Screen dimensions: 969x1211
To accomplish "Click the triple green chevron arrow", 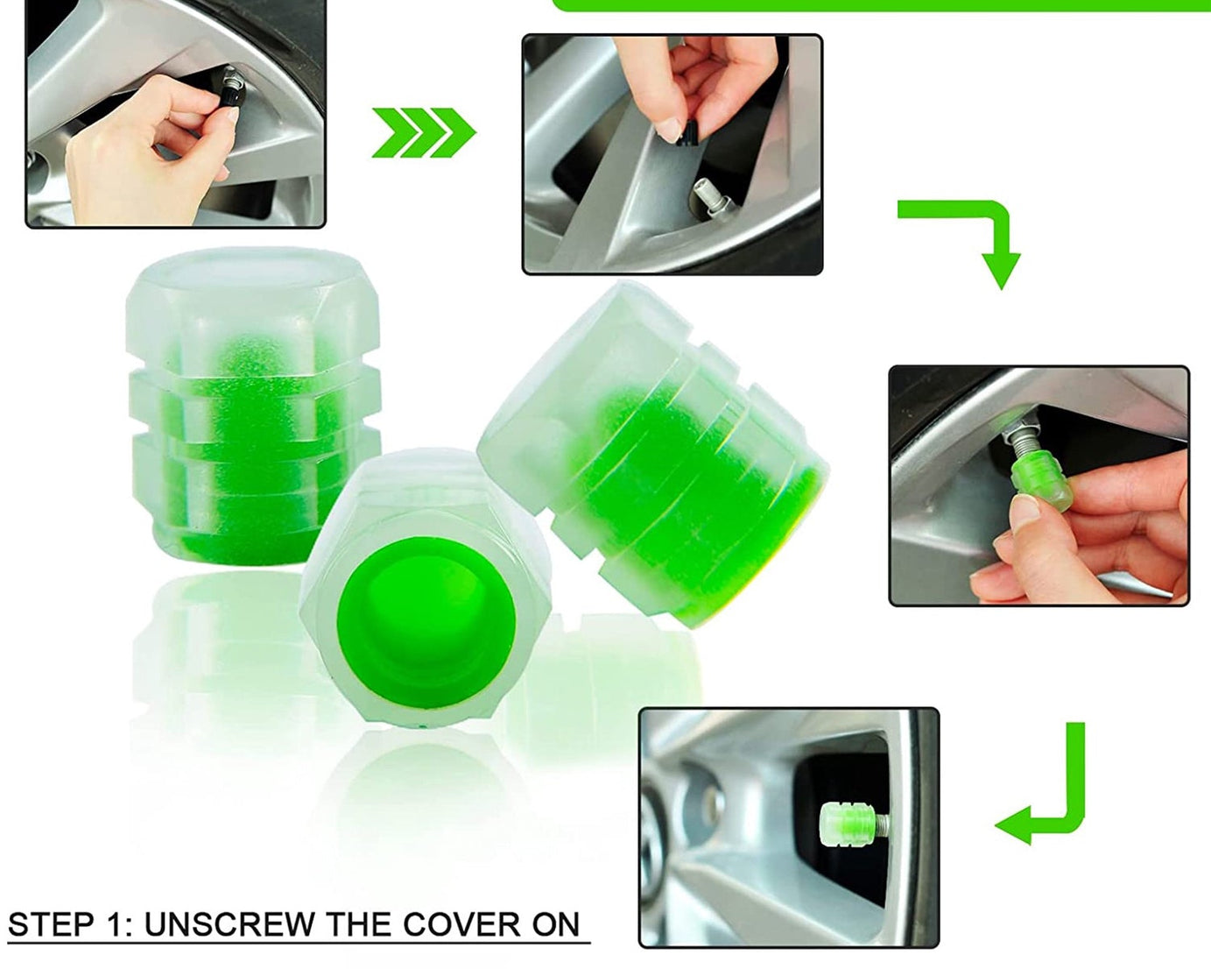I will point(423,133).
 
